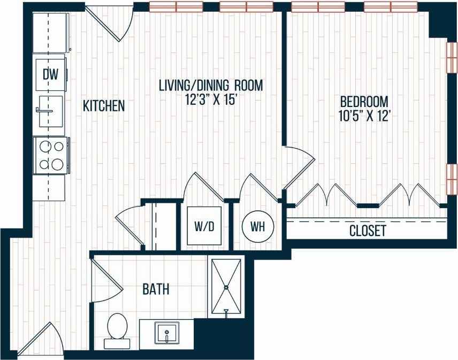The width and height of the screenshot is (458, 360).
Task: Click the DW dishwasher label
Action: click(50, 72)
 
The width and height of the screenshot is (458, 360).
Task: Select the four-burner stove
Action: click(50, 155)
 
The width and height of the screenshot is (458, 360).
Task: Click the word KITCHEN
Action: click(104, 106)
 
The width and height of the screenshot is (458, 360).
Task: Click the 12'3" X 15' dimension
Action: click(212, 99)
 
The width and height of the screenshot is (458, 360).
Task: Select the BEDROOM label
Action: click(364, 101)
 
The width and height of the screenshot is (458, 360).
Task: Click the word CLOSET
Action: click(367, 231)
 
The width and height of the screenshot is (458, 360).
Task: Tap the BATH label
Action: click(156, 289)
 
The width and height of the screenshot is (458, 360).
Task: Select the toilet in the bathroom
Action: click(117, 327)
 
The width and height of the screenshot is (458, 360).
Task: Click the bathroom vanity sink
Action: click(166, 333)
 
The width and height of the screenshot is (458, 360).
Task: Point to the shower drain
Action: click(226, 287)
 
